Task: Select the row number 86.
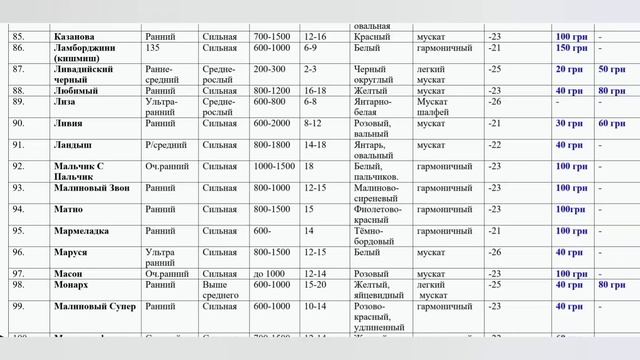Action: click(x=17, y=48)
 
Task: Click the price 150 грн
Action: click(x=571, y=48)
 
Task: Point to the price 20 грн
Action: click(x=569, y=69)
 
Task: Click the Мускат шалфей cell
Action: click(x=440, y=107)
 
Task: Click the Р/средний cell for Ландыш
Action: click(x=163, y=145)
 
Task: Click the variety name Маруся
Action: click(x=71, y=253)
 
